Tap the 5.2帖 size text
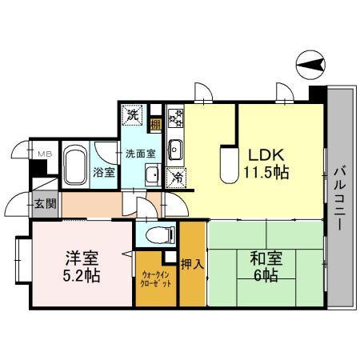[x=81, y=276]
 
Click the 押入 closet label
[x=190, y=263]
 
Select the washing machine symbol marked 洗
[x=133, y=114]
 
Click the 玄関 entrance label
[x=46, y=203]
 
